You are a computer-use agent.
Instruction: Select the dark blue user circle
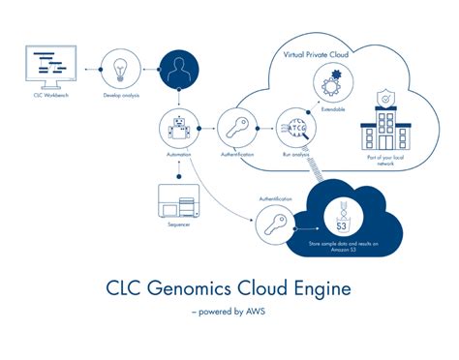click(x=180, y=70)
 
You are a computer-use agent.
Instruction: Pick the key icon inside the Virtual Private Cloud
click(x=238, y=127)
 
